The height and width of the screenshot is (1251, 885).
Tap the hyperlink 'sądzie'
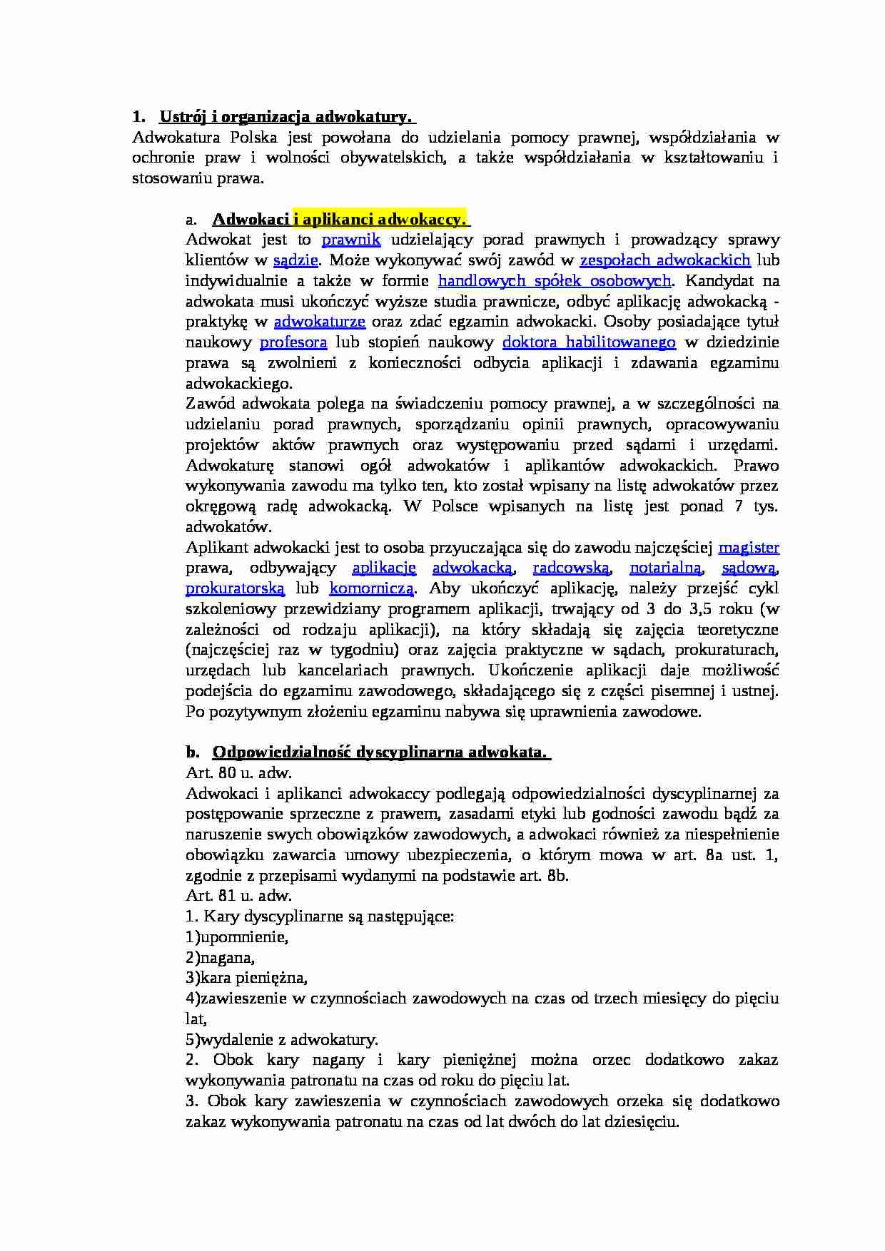pos(295,260)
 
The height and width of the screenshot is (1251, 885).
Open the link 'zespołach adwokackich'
pos(665,260)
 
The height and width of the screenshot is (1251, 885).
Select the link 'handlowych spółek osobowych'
pos(555,281)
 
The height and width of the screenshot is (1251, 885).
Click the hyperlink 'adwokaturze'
pos(320,322)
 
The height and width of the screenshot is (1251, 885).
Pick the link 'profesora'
pos(293,342)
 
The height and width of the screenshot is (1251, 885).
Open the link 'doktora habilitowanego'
pos(589,342)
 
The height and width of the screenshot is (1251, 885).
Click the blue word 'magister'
pos(749,548)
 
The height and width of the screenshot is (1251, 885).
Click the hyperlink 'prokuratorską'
pos(235,589)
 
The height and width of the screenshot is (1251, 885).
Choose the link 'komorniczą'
pos(371,589)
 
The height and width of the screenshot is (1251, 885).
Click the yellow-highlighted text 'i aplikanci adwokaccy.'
pos(380,219)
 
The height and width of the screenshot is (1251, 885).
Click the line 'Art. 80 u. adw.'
pos(239,773)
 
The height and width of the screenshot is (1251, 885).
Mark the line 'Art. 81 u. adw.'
pos(239,896)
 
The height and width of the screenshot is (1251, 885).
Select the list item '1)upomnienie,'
pos(237,937)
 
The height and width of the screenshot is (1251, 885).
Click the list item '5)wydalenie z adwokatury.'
pos(282,1039)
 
